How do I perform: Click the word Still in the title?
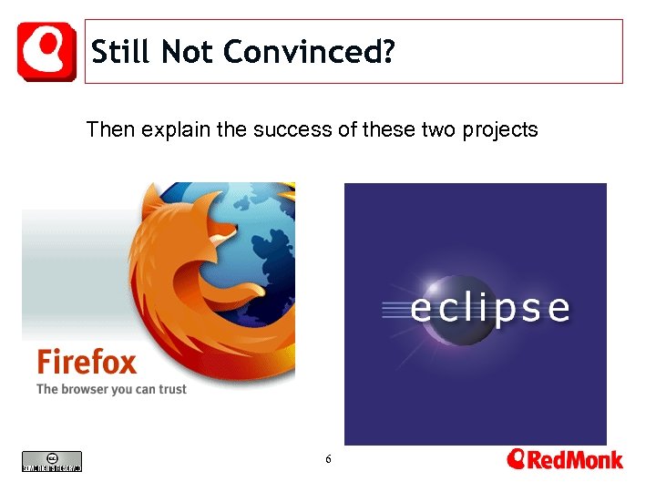coord(122,53)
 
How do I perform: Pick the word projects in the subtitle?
coord(500,130)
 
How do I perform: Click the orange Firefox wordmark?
coord(87,362)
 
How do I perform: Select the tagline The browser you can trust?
coord(111,389)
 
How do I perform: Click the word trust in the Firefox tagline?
coord(171,389)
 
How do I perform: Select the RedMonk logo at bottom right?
coord(565,459)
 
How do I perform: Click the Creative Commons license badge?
coord(52,462)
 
